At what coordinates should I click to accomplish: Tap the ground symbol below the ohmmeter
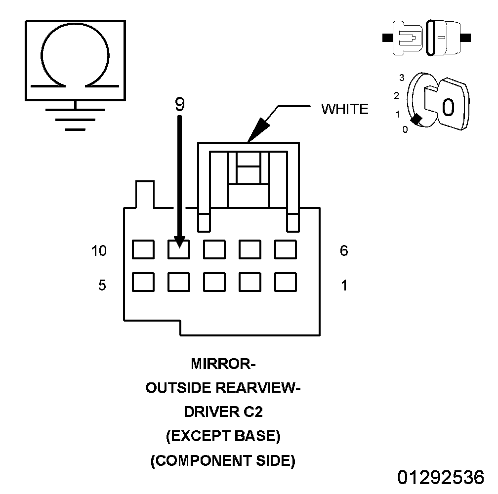(x=75, y=119)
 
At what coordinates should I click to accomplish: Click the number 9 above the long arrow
(x=179, y=104)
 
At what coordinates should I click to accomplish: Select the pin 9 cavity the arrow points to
(x=179, y=249)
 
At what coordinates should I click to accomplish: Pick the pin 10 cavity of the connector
(x=143, y=249)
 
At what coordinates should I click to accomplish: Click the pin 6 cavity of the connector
(x=286, y=249)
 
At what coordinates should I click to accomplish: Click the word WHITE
(x=345, y=109)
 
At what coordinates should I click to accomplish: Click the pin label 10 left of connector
(x=99, y=251)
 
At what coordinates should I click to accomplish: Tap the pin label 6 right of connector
(x=344, y=251)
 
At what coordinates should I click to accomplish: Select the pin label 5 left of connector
(x=102, y=286)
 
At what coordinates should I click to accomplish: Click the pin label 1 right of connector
(x=344, y=286)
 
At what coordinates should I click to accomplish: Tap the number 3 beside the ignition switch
(x=402, y=78)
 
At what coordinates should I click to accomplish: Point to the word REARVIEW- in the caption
(x=259, y=388)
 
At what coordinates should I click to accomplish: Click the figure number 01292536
(x=441, y=478)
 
